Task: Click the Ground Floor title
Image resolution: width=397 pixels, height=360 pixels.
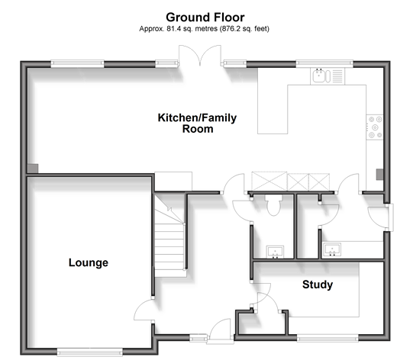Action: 205,18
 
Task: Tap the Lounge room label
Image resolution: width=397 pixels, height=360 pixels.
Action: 89,262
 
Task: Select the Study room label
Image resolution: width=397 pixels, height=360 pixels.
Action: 318,284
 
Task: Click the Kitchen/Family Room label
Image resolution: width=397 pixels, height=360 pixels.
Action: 197,124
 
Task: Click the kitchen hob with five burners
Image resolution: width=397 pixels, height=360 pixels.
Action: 375,127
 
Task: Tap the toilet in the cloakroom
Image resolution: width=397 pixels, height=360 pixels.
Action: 273,205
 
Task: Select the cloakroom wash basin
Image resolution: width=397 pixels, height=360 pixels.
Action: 275,252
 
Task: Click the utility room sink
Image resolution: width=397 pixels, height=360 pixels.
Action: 332,249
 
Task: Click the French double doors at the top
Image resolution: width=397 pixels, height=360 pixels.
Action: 200,56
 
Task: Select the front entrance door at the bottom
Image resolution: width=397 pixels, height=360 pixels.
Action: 220,329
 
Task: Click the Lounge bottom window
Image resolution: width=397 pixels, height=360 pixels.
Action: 89,352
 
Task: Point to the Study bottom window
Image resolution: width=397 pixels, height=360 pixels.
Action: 328,339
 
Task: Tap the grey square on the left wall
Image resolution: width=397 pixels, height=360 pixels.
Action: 33,169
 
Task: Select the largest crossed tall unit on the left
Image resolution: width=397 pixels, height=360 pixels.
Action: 270,182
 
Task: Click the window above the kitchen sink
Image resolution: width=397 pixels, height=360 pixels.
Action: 324,63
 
